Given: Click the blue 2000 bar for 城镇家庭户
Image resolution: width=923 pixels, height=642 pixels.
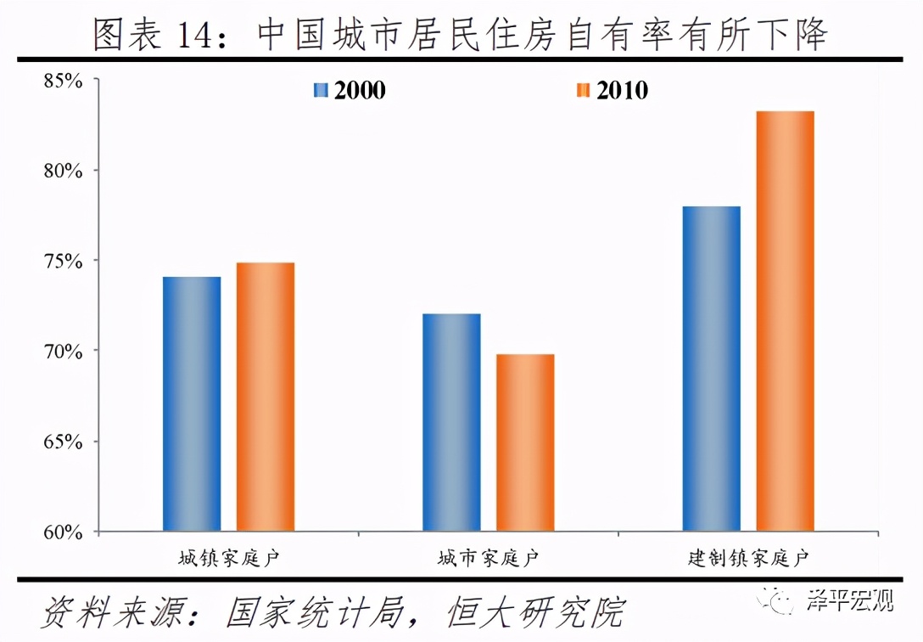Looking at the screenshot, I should click(x=192, y=404).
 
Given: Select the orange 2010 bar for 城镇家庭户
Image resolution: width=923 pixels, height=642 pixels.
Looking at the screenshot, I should click(x=266, y=397).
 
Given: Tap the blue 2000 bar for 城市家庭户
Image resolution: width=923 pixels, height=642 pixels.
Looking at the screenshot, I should click(x=451, y=423).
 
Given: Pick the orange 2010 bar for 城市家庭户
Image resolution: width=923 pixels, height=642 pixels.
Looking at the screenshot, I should click(x=525, y=442).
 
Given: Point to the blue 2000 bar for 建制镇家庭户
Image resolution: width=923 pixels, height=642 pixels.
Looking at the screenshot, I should click(x=711, y=369).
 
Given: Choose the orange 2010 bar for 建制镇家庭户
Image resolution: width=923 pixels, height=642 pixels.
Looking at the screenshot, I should click(x=785, y=321).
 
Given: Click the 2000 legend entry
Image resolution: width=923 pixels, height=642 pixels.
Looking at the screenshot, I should click(x=350, y=90).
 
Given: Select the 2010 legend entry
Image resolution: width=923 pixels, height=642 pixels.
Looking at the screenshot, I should click(x=612, y=90).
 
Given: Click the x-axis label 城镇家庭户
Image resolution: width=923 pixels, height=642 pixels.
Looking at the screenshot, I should click(x=228, y=559).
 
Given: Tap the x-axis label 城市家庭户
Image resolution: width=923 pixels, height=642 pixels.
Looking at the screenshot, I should click(x=488, y=559).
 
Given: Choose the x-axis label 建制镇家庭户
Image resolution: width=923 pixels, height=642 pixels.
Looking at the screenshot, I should click(x=748, y=559).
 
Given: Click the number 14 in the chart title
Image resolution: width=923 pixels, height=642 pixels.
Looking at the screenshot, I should click(x=195, y=34).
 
